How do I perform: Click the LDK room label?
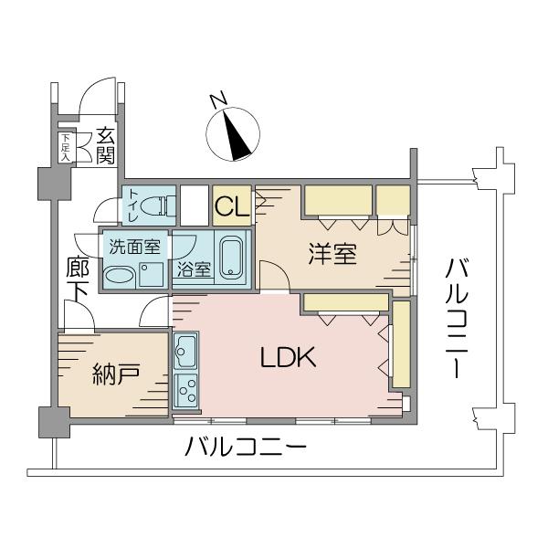pos(289,357)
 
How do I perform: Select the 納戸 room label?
pos(116,374)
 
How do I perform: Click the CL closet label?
pos(232,206)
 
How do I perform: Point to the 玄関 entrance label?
pos(105,146)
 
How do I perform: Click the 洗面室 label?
pos(135,247)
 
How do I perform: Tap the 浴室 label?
pos(194,269)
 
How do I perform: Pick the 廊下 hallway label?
pos(78,279)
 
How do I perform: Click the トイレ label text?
pos(134,205)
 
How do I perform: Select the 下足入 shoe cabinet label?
pos(66,147)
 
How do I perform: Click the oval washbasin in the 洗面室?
pos(119,275)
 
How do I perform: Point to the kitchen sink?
pos(185,352)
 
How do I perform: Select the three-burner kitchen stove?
pos(185,392)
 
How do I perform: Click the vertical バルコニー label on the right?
pos(457,319)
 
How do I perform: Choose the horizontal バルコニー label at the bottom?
pos(246,447)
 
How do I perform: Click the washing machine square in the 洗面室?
pos(152,275)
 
